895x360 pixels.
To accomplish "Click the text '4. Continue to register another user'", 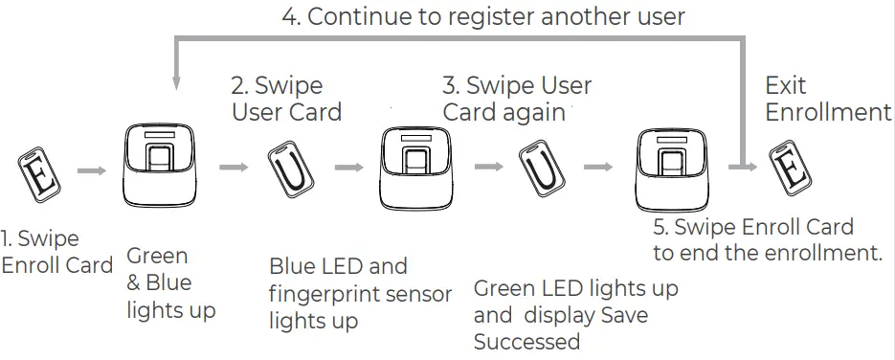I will tap(483, 16).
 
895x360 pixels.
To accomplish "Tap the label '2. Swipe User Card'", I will tap(286, 99).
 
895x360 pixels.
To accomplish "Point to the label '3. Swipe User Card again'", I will tap(517, 99).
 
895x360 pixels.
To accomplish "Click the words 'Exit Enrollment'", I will tap(827, 99).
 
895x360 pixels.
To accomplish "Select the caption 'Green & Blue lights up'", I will tap(170, 282).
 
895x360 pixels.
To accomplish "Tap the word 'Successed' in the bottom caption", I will tap(526, 342).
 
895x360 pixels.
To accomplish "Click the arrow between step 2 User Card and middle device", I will tap(347, 168).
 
